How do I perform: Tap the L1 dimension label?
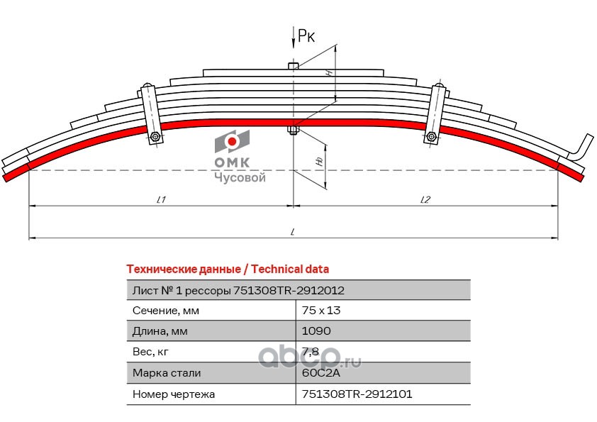[161, 199]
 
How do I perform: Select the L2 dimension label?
[425, 199]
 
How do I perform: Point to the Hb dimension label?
[320, 162]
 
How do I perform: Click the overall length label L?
[292, 231]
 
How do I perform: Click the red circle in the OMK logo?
[232, 141]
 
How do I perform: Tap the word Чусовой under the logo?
[240, 177]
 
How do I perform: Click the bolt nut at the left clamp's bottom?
[155, 136]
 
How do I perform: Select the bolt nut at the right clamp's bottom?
[431, 136]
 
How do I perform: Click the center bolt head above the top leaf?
[293, 66]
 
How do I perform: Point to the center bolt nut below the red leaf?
[293, 131]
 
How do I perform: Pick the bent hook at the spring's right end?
[581, 146]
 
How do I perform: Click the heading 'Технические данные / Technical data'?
[228, 269]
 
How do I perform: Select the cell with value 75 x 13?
[321, 311]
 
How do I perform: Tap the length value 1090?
[316, 331]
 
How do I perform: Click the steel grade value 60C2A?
[320, 372]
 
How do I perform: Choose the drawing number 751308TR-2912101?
[357, 394]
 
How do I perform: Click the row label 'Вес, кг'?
[150, 352]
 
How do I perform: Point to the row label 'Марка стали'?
[167, 372]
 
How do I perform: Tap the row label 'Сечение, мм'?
[166, 311]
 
